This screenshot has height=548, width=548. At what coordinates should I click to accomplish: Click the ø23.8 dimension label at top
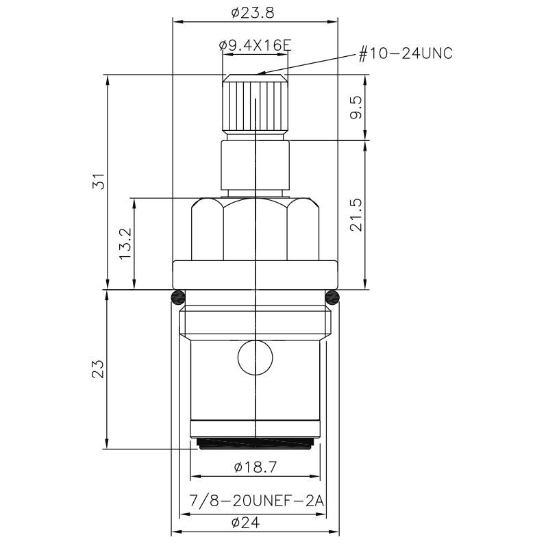[255, 12]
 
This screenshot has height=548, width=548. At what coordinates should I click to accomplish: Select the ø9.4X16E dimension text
[255, 45]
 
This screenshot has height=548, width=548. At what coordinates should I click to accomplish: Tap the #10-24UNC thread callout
[406, 53]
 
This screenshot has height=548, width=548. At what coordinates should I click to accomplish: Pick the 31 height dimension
[99, 182]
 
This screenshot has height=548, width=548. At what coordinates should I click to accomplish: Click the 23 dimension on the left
[99, 369]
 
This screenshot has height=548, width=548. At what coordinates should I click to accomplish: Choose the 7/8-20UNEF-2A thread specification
[255, 501]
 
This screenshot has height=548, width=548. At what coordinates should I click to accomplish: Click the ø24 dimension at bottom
[255, 523]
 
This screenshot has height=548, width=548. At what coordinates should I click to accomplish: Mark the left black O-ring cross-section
[177, 297]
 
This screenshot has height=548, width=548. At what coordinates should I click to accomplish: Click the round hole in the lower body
[254, 356]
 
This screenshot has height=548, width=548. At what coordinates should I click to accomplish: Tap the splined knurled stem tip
[254, 106]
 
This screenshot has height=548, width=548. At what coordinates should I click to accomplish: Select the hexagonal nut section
[254, 229]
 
